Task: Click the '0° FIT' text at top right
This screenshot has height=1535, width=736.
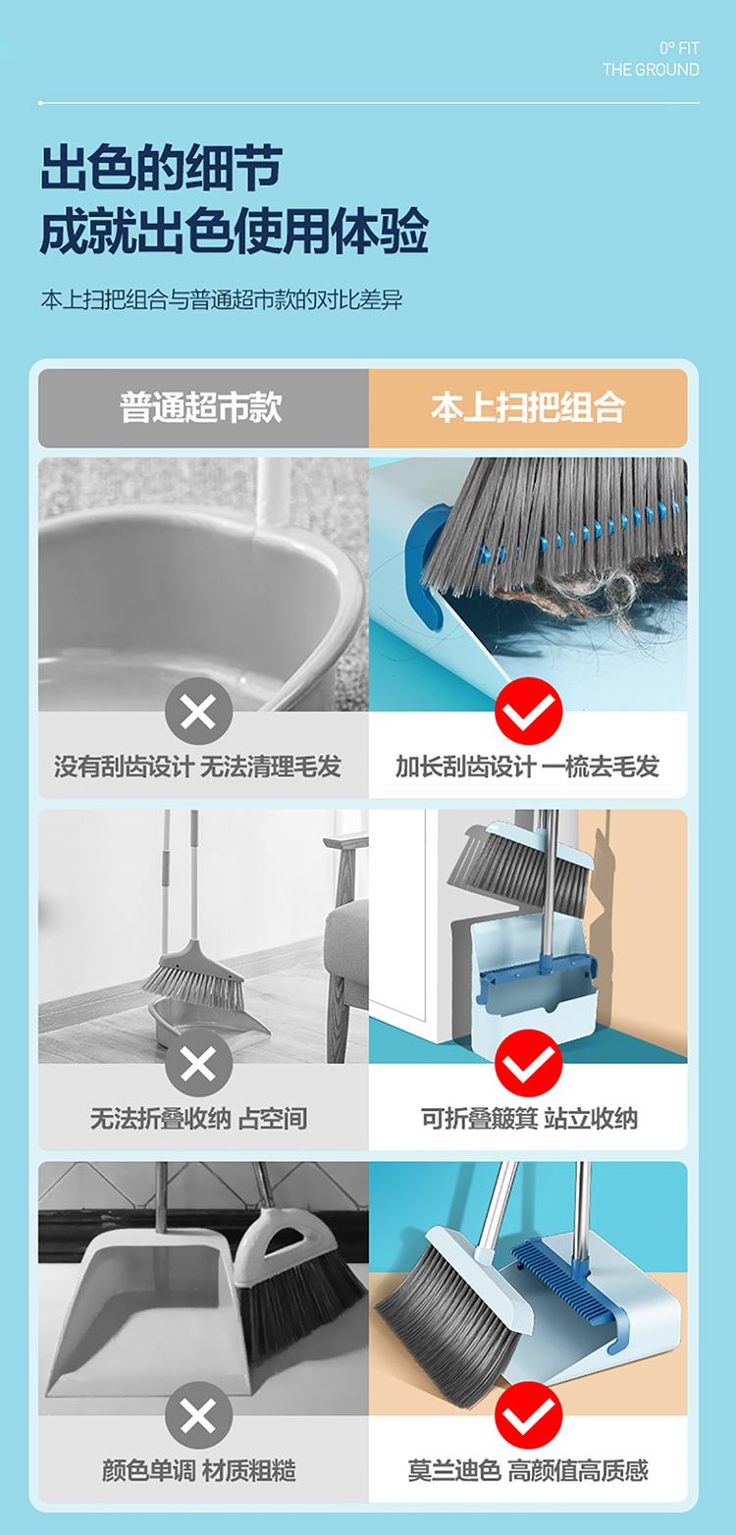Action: tap(679, 48)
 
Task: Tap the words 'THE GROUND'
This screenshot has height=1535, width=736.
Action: tap(651, 70)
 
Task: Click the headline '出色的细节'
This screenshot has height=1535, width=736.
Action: tap(161, 168)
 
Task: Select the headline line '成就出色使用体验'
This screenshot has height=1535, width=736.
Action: tap(235, 232)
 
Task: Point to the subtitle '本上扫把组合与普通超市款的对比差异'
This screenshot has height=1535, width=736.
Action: tap(222, 300)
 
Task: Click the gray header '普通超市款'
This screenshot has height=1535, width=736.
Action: tap(201, 407)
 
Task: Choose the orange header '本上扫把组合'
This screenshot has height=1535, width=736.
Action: tap(528, 407)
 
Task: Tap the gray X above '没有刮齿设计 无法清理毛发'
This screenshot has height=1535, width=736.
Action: tap(199, 712)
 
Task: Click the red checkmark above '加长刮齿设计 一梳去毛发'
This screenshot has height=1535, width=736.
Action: tap(528, 712)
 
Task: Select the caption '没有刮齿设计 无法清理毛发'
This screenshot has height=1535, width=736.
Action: tap(198, 767)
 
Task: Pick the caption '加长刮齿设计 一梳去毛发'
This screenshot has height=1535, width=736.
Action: tap(527, 767)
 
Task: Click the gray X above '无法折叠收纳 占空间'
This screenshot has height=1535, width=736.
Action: tap(199, 1064)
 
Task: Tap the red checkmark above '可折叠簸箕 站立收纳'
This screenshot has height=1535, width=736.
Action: tap(528, 1064)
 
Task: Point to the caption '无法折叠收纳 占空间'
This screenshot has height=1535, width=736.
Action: tap(199, 1119)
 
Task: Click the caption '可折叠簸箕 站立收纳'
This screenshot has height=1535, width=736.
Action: tap(529, 1119)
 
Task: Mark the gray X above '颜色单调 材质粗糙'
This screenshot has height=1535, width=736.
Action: tap(199, 1416)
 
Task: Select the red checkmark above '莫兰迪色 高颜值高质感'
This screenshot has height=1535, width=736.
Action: tap(528, 1416)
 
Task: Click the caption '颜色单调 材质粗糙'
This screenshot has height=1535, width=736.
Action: tap(199, 1470)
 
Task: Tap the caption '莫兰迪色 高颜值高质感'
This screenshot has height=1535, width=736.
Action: tap(528, 1470)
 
